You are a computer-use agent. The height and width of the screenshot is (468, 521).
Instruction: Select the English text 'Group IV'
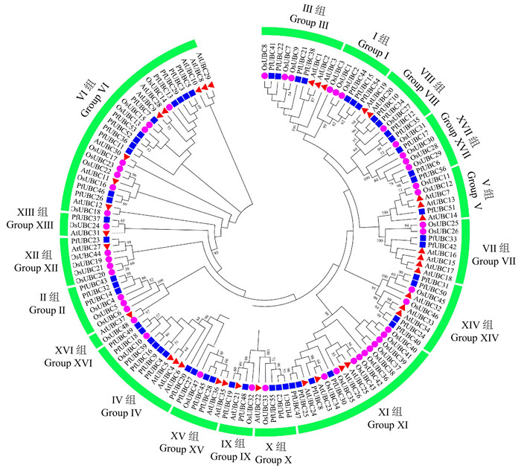[x=121, y=411]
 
